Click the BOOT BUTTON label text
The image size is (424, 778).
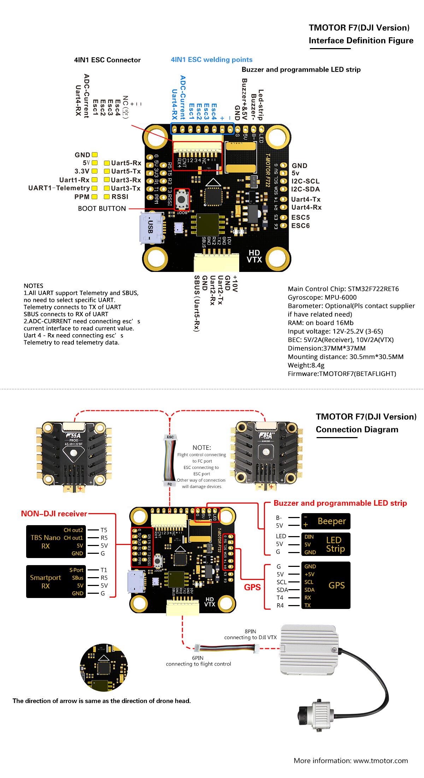102,209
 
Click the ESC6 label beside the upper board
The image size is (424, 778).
300,226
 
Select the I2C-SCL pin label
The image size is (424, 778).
305,181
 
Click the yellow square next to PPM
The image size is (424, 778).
94,197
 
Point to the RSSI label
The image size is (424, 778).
120,197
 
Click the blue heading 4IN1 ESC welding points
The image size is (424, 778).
212,60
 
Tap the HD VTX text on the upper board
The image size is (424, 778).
254,256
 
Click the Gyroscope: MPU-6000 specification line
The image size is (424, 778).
322,297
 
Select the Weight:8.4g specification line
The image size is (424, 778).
306,365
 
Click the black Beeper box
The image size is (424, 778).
325,521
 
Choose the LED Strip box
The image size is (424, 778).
325,544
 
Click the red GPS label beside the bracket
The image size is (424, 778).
252,587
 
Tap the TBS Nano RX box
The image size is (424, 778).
56,541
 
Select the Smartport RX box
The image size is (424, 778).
56,581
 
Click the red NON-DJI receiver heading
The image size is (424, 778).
54,513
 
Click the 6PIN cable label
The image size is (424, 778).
198,658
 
